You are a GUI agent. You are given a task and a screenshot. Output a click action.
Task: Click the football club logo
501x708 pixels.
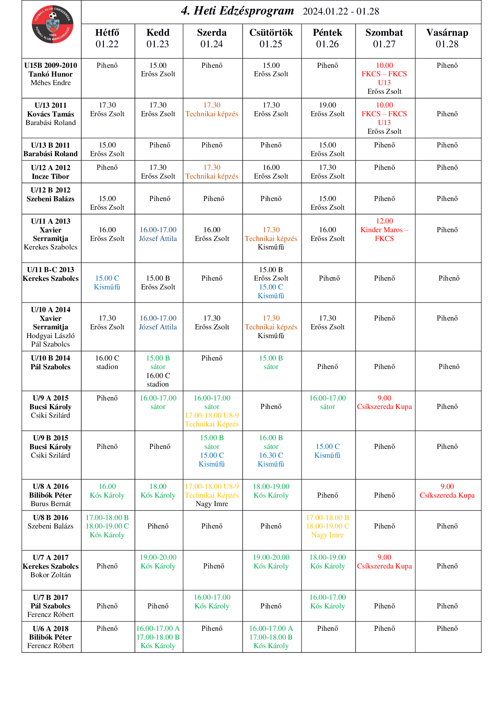pos(52,24)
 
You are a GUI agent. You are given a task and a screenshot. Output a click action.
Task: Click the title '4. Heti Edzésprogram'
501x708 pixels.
pos(237,11)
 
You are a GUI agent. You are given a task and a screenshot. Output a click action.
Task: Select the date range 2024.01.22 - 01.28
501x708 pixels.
pos(340,12)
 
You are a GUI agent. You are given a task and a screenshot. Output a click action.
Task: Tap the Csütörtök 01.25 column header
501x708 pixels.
pos(271,38)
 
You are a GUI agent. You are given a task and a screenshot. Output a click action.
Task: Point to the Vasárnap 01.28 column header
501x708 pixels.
pos(447,38)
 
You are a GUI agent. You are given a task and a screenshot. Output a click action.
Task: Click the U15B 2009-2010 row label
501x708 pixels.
pos(51,74)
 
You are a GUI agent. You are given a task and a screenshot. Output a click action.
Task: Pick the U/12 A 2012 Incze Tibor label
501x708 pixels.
pos(51,172)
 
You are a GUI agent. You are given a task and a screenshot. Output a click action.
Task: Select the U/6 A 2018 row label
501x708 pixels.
pos(51,637)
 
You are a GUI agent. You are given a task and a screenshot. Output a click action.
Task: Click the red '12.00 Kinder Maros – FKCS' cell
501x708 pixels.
pos(384,230)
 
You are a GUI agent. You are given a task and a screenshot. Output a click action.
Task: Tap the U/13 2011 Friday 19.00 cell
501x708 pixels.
pos(327,110)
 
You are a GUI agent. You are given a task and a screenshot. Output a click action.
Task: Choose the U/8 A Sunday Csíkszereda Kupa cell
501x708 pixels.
pos(447,491)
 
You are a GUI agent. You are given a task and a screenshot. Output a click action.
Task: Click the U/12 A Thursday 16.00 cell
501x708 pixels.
pos(271,172)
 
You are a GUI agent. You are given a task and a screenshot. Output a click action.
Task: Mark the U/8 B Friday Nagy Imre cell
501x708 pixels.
pos(327,526)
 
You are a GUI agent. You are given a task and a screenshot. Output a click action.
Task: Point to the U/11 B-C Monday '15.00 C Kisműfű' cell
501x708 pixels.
pos(107,282)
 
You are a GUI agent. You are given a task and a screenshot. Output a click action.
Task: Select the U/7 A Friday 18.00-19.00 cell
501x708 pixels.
pos(327,561)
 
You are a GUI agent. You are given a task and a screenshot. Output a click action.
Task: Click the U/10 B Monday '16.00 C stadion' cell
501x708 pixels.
pos(107,362)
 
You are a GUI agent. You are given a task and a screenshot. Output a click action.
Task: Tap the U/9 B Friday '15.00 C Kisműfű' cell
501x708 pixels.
pos(327,451)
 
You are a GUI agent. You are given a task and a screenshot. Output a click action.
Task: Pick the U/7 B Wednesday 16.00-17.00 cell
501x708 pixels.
pos(212,602)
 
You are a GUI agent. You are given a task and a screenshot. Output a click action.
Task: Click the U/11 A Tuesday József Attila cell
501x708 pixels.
pos(158,234)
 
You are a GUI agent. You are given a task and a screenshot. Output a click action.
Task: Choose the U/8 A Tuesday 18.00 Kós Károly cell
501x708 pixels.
pos(158,491)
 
